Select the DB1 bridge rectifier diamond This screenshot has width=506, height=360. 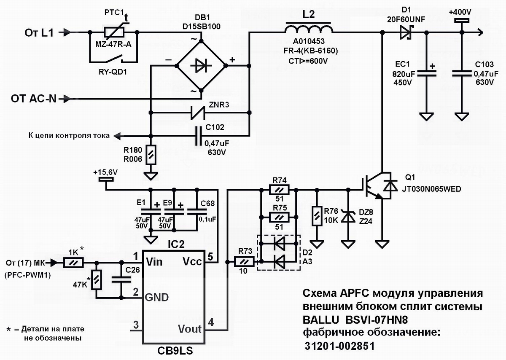coord(201,65)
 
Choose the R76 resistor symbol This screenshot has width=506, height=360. coord(316,216)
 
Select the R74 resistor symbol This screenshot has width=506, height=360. coord(279,190)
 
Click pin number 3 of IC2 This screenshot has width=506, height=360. coord(135,325)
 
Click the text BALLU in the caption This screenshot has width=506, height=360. coord(318,318)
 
